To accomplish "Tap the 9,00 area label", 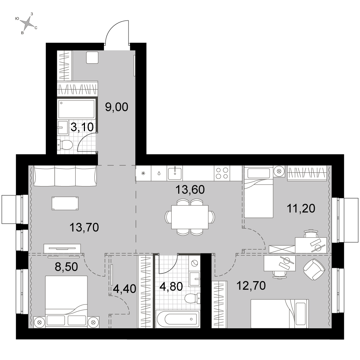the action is (117, 107).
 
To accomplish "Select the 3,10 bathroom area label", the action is (82, 127).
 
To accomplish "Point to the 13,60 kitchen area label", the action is (190, 190).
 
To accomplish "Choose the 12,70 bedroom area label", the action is (251, 286).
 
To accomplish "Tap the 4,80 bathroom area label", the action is (171, 287).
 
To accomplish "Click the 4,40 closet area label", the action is (125, 289).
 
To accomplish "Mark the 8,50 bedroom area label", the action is (66, 267).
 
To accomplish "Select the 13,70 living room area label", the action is (84, 228).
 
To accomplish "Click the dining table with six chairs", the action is (190, 217).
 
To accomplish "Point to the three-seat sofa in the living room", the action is (65, 176).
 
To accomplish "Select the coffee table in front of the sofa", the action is (65, 203).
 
